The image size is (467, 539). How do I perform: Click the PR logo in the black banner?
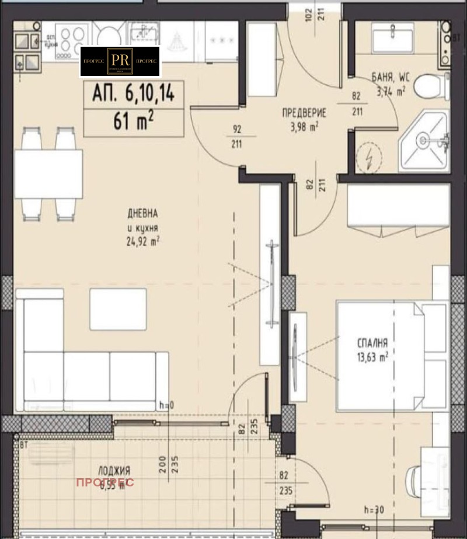tap(120, 61)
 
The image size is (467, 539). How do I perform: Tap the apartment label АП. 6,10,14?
tap(134, 93)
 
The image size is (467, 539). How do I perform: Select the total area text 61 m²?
tap(134, 121)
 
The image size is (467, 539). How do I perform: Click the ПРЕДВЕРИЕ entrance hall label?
tap(304, 113)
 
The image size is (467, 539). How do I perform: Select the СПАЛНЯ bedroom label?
tap(372, 344)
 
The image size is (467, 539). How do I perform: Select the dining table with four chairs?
tap(48, 174)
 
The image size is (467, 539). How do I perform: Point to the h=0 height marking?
tap(167, 404)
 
